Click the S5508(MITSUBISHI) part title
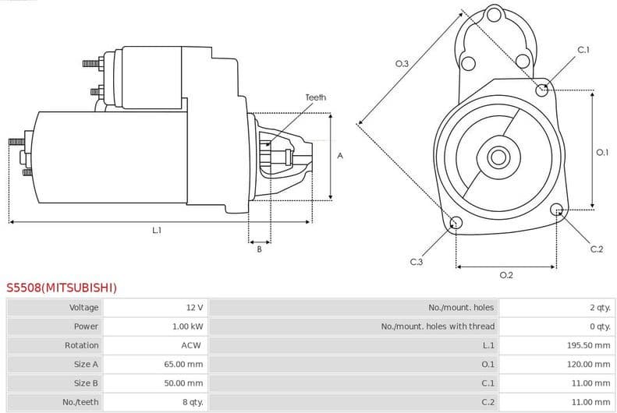coord(62,288)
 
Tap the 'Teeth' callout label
coord(315,97)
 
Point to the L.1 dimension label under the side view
coord(157,230)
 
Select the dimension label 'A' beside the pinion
coord(340,156)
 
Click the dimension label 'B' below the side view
coord(259,249)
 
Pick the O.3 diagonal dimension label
coord(402,63)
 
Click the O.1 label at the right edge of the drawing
coord(601,153)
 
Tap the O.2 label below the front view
coord(505,275)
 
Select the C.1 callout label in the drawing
coord(583,50)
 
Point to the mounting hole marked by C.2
coord(557,210)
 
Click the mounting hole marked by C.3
coord(456,224)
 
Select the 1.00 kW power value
coord(187,327)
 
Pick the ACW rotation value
coord(192,345)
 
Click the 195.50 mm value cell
coord(588,345)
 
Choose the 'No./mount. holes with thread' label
coord(438,327)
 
